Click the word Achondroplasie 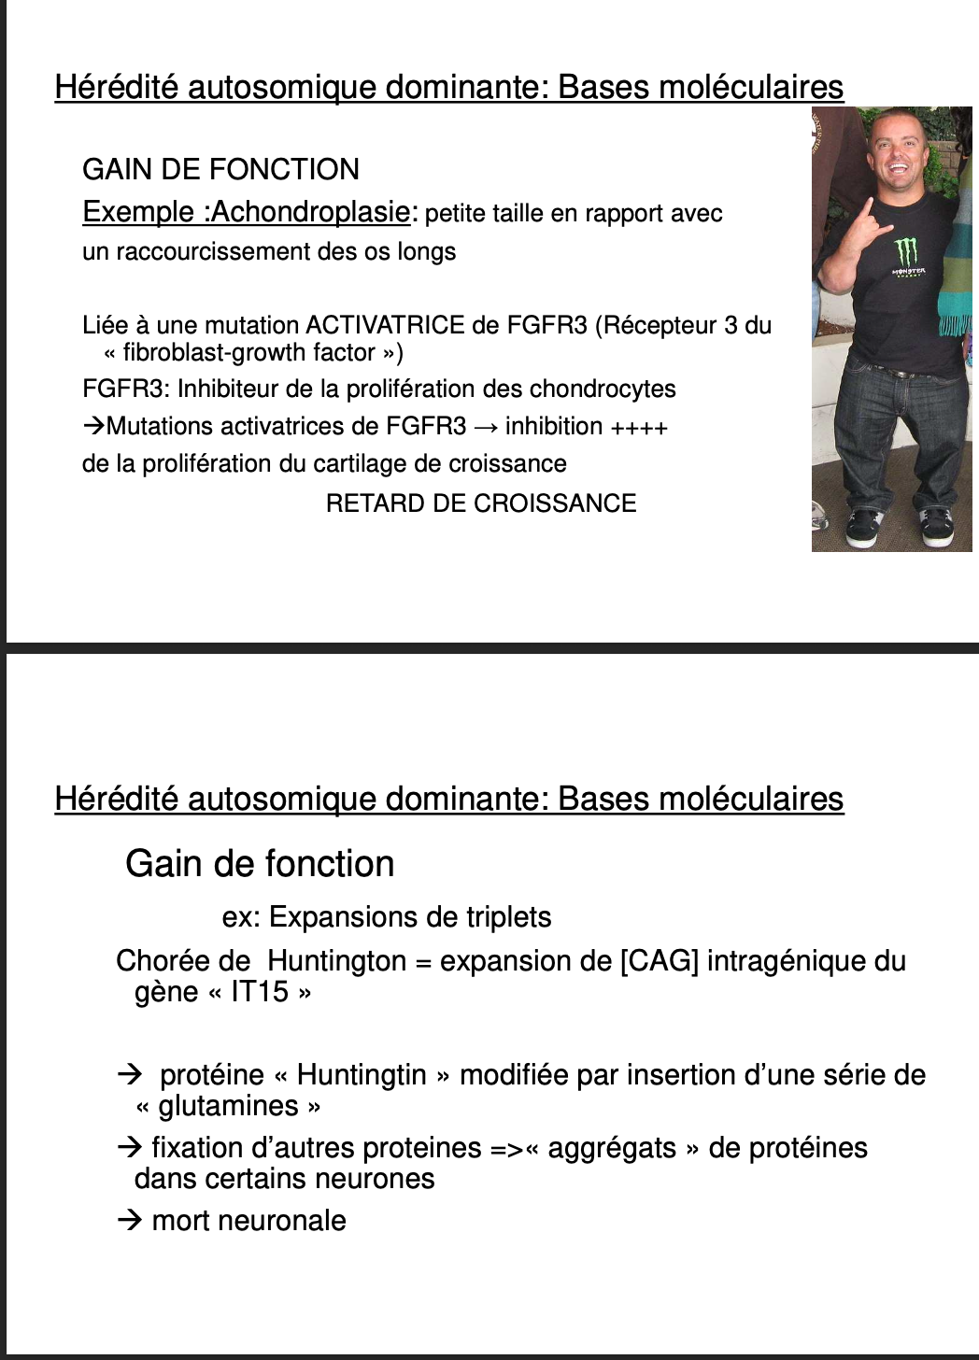coord(310,212)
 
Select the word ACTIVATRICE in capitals coord(385,325)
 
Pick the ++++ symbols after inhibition coord(639,428)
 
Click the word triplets coord(505,917)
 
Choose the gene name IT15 coord(260,992)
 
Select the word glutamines coord(228,1107)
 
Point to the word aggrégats coord(612,1148)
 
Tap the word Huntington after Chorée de coord(336,961)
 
